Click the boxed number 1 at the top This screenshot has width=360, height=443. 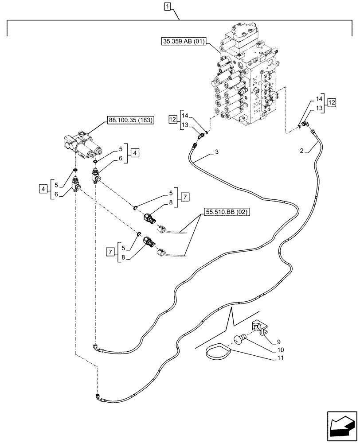(168, 6)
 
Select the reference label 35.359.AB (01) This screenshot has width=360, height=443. (184, 42)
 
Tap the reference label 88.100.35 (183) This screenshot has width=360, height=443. (130, 120)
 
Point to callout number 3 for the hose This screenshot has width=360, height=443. (217, 152)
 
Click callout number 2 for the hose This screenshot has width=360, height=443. (302, 151)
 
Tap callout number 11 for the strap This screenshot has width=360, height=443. (280, 358)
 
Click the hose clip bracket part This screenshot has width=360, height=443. (260, 326)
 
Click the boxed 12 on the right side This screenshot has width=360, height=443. (332, 103)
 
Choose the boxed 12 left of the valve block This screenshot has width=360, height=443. (172, 120)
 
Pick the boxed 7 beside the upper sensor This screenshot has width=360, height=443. (185, 197)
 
